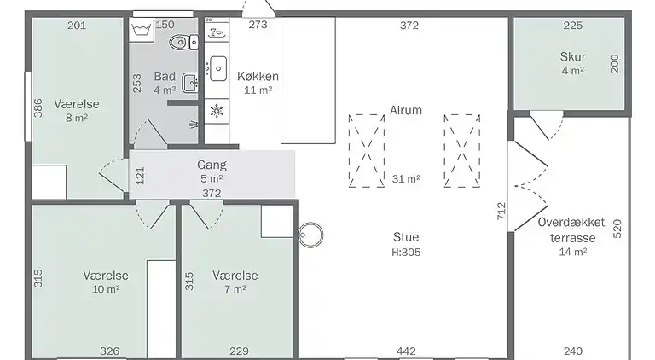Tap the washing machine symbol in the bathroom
[x=142, y=29]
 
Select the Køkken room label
[x=258, y=77]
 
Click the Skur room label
[x=572, y=57]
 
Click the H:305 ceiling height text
[x=406, y=252]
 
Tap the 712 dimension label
[x=501, y=211]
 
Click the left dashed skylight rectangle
[x=367, y=151]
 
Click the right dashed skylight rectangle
[x=463, y=151]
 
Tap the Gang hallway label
[x=212, y=165]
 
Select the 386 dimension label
[x=38, y=108]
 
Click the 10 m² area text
[x=106, y=290]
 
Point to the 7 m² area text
[x=235, y=290]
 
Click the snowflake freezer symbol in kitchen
[x=217, y=110]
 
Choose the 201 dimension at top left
[x=77, y=25]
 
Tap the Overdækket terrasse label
[x=571, y=229]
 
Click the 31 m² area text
[x=406, y=179]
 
